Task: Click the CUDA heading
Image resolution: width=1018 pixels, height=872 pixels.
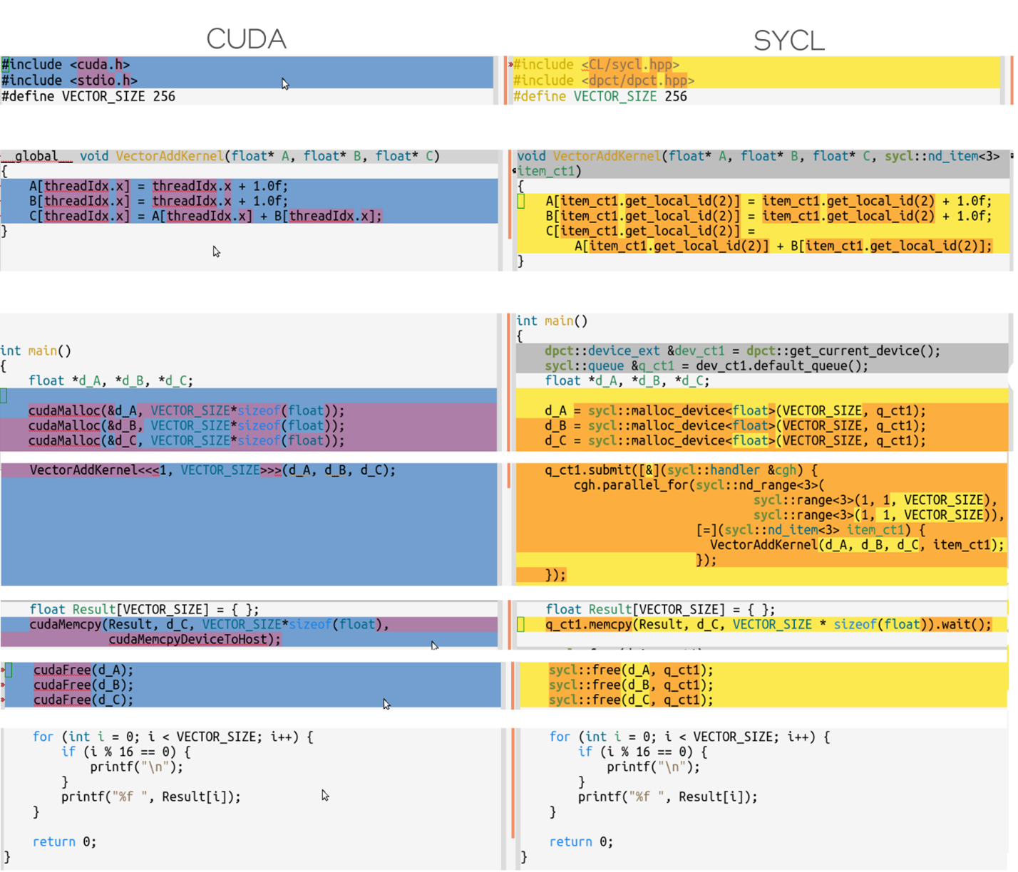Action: pyautogui.click(x=246, y=38)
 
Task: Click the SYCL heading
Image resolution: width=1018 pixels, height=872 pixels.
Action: pyautogui.click(x=788, y=41)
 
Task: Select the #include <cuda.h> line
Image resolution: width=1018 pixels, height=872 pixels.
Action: pyautogui.click(x=66, y=65)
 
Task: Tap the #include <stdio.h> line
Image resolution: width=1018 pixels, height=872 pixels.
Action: pyautogui.click(x=69, y=81)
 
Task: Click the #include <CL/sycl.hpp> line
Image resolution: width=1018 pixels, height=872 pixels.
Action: pyautogui.click(x=596, y=65)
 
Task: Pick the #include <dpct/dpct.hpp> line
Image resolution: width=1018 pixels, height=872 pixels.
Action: pyautogui.click(x=603, y=81)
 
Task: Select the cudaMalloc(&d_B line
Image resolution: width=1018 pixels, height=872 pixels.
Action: pyautogui.click(x=186, y=425)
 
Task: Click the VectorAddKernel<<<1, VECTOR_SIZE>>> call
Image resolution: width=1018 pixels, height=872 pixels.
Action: pyautogui.click(x=212, y=470)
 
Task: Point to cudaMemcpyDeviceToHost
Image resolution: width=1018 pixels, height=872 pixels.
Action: pyautogui.click(x=195, y=639)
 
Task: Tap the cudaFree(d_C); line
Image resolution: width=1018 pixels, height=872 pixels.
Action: pyautogui.click(x=83, y=700)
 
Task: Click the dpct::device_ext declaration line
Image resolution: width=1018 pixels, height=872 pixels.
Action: pyautogui.click(x=742, y=351)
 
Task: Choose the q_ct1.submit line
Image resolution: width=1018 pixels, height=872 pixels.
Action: pyautogui.click(x=681, y=470)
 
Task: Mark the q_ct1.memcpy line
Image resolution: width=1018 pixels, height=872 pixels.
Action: pyautogui.click(x=768, y=624)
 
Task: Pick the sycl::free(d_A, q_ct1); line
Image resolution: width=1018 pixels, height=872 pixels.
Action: pyautogui.click(x=630, y=670)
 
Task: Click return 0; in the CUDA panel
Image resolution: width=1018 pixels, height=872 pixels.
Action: pyautogui.click(x=64, y=841)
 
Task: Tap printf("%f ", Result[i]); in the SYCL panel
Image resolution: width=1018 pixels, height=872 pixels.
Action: pyautogui.click(x=667, y=796)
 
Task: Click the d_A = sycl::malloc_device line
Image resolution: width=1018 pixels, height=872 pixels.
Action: pyautogui.click(x=735, y=410)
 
